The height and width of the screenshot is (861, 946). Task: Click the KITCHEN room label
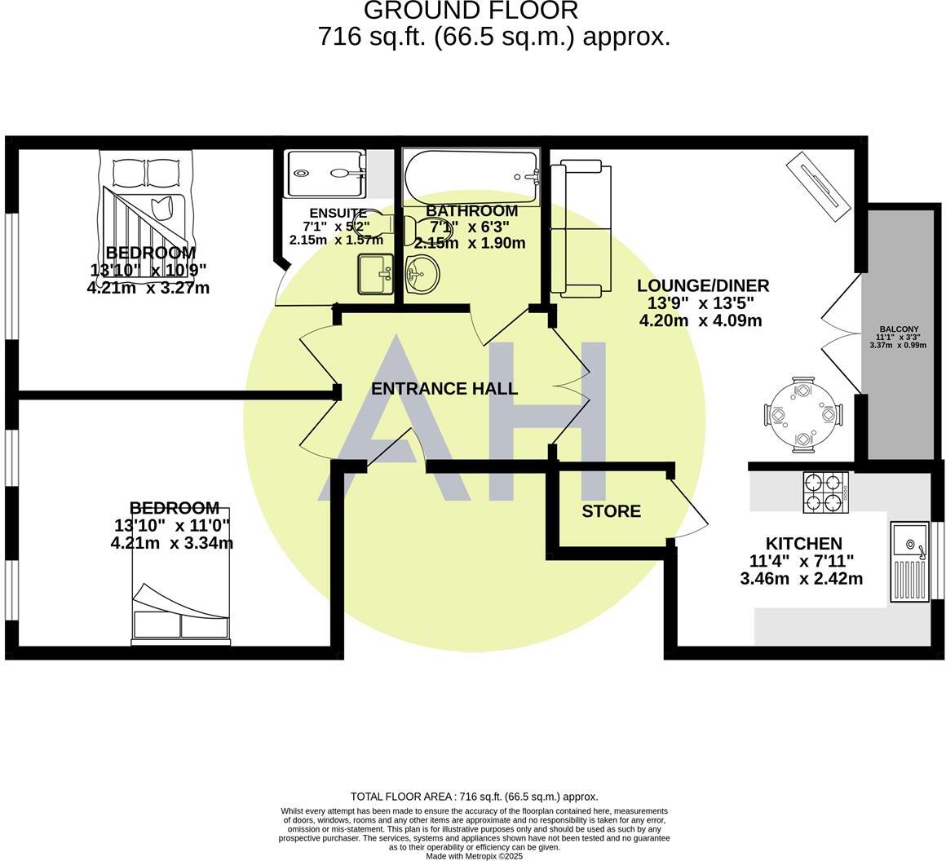tap(803, 544)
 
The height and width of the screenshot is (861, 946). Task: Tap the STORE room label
tap(611, 511)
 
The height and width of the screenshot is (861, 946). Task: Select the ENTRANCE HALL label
tap(444, 389)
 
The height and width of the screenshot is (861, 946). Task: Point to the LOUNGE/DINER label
tap(703, 285)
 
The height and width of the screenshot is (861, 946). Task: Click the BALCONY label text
tap(898, 329)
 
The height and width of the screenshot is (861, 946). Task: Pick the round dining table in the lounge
tap(803, 414)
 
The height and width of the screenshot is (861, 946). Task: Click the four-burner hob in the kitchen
tap(825, 492)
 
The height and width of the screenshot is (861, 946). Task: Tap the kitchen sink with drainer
tap(909, 562)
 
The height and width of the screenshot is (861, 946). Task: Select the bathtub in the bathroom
tap(471, 176)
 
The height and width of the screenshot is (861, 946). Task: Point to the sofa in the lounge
tap(580, 228)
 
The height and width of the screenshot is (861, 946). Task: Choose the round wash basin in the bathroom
tap(422, 274)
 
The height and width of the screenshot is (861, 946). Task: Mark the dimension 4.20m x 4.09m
tap(701, 320)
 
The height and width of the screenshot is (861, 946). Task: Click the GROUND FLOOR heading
tap(471, 11)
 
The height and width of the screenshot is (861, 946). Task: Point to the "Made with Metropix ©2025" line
tap(474, 856)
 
